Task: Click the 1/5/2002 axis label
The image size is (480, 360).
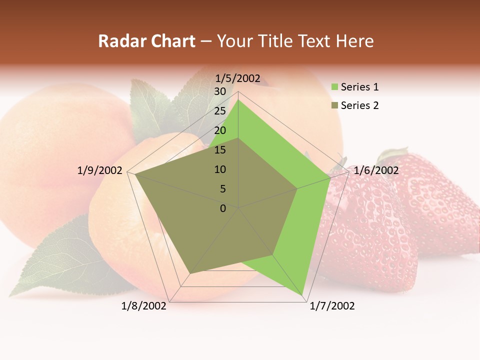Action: tap(237, 78)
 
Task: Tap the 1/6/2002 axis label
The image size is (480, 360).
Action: tap(376, 170)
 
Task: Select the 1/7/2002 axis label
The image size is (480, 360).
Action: tap(332, 306)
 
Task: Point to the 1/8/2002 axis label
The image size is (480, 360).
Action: tap(144, 306)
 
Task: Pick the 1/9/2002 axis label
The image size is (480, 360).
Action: tap(99, 170)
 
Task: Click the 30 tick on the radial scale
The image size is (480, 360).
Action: tap(220, 91)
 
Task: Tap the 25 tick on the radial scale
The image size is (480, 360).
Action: tap(220, 111)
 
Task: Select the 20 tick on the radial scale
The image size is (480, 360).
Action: tap(220, 130)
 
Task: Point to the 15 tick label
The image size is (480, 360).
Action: tap(220, 150)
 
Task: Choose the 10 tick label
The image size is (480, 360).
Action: tap(220, 169)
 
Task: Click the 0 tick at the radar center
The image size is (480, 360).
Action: tap(223, 208)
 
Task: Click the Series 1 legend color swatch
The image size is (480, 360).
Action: tap(334, 87)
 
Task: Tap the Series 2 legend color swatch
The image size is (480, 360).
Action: tap(334, 105)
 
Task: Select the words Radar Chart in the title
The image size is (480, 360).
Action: tap(146, 41)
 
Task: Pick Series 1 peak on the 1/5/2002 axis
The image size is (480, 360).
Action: tap(238, 100)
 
